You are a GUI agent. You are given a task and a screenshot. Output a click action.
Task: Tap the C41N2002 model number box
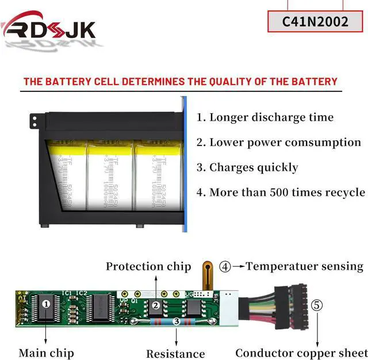315,21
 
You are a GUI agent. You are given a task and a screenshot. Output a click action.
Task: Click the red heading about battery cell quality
180,82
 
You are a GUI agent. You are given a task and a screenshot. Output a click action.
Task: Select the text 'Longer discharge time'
271,117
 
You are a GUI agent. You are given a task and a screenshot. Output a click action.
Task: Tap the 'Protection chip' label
148,266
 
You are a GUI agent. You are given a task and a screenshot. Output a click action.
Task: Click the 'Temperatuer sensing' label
305,266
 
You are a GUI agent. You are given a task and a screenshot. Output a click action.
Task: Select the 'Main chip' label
46,353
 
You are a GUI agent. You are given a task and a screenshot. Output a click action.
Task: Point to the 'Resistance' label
175,354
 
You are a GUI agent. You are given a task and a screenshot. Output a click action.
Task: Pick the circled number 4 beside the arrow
225,267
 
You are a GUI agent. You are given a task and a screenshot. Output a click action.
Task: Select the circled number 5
317,305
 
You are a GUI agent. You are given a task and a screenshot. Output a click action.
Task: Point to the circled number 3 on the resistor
177,321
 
